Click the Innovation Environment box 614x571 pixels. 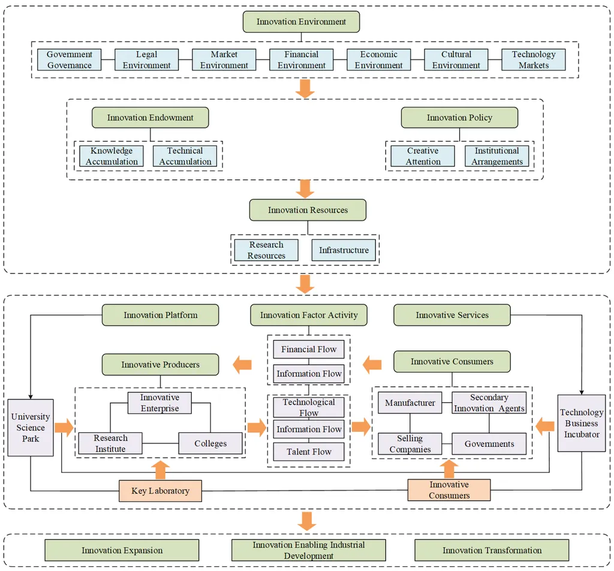(301, 22)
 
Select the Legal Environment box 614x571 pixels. (146, 59)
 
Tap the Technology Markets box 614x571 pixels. (533, 59)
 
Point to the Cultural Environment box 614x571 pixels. (456, 59)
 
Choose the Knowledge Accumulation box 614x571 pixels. (112, 156)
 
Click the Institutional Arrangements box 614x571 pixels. (497, 156)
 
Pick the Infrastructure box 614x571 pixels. (344, 250)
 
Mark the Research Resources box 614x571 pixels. (266, 250)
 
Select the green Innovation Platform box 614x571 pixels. (161, 315)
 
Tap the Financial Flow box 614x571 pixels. (309, 349)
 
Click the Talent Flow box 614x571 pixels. (309, 452)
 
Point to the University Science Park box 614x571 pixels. (31, 427)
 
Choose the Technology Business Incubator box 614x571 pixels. (582, 423)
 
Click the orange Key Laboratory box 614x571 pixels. (161, 491)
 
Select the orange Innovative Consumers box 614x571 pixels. (449, 490)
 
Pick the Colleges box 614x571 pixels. (210, 443)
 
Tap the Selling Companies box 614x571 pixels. (410, 444)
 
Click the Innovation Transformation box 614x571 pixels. (492, 550)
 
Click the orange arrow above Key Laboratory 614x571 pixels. (161, 470)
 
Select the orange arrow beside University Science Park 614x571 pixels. (64, 427)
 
